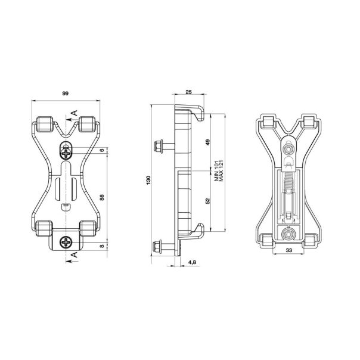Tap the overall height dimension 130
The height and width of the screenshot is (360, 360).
coord(147,180)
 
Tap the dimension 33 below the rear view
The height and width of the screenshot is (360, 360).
coord(288,251)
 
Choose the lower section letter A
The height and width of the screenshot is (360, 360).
coord(74,256)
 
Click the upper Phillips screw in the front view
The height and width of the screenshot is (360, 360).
coord(65,153)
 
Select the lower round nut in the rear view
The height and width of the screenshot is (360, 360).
coord(288,233)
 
